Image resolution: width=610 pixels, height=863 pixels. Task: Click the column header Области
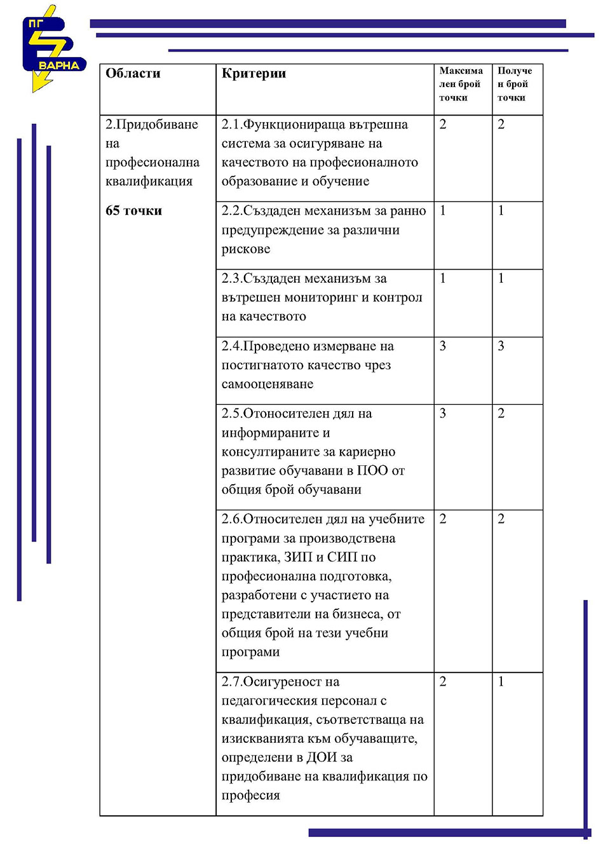pos(133,74)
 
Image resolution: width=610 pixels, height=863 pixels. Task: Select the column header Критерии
pos(254,74)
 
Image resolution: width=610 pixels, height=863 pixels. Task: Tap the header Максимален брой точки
pos(461,84)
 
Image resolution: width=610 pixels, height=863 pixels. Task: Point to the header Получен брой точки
pos(514,84)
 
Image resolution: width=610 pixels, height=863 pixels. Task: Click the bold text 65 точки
pos(133,211)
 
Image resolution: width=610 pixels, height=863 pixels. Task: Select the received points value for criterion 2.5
pos(501,414)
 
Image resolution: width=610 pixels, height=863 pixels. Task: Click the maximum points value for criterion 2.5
pos(443,414)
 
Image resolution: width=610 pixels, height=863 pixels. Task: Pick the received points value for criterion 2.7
pos(501,682)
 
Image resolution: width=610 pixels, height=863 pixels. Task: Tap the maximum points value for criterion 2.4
pos(443,346)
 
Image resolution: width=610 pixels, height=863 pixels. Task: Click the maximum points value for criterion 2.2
pos(443,211)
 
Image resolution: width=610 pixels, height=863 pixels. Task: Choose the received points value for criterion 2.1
pos(501,125)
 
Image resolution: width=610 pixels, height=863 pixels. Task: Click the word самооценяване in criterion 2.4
pos(267,384)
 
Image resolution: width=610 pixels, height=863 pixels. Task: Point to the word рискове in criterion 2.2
pos(246,249)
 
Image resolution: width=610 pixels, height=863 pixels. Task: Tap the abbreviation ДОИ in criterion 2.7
pos(322,758)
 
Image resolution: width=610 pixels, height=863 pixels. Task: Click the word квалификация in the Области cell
pos(149,182)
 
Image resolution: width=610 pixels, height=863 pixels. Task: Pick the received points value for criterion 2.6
pos(501,519)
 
